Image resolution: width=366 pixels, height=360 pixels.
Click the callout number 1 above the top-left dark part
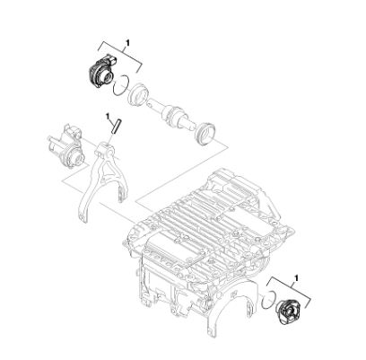pos(127,43)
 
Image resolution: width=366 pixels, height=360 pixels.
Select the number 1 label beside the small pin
pos(108,116)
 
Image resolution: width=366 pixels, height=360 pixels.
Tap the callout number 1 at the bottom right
pos(296,278)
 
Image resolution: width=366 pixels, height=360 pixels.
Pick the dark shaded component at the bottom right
pos(289,312)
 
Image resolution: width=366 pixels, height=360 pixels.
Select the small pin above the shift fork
pos(117,127)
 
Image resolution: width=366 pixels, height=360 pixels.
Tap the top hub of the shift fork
pos(105,150)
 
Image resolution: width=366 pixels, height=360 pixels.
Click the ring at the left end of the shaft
pos(137,96)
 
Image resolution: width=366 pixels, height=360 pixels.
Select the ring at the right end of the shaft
pos(205,134)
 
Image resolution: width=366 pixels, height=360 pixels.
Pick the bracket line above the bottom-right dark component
pos(289,291)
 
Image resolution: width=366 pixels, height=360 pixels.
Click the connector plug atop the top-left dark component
pos(111,59)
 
